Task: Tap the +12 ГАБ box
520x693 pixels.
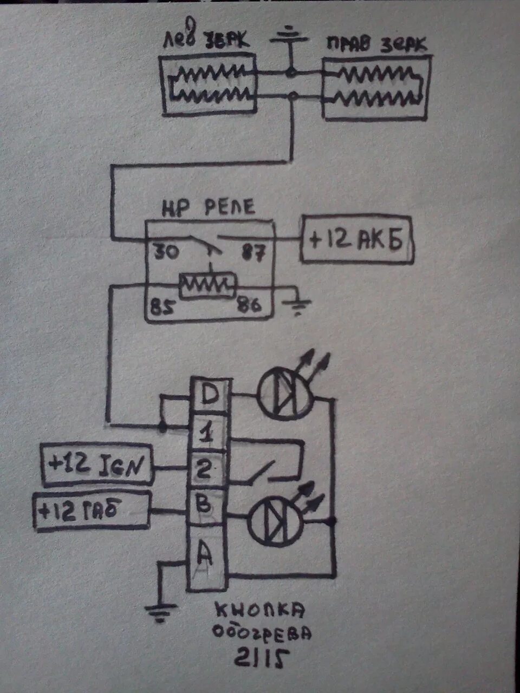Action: coord(92,511)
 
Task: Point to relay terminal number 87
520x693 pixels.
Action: coord(252,253)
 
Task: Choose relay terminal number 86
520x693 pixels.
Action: coord(248,306)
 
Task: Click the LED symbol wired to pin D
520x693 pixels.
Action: coord(284,397)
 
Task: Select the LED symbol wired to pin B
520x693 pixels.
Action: coord(276,520)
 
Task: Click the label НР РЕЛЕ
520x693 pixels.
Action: coord(209,208)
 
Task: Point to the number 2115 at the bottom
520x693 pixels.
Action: coord(262,657)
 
